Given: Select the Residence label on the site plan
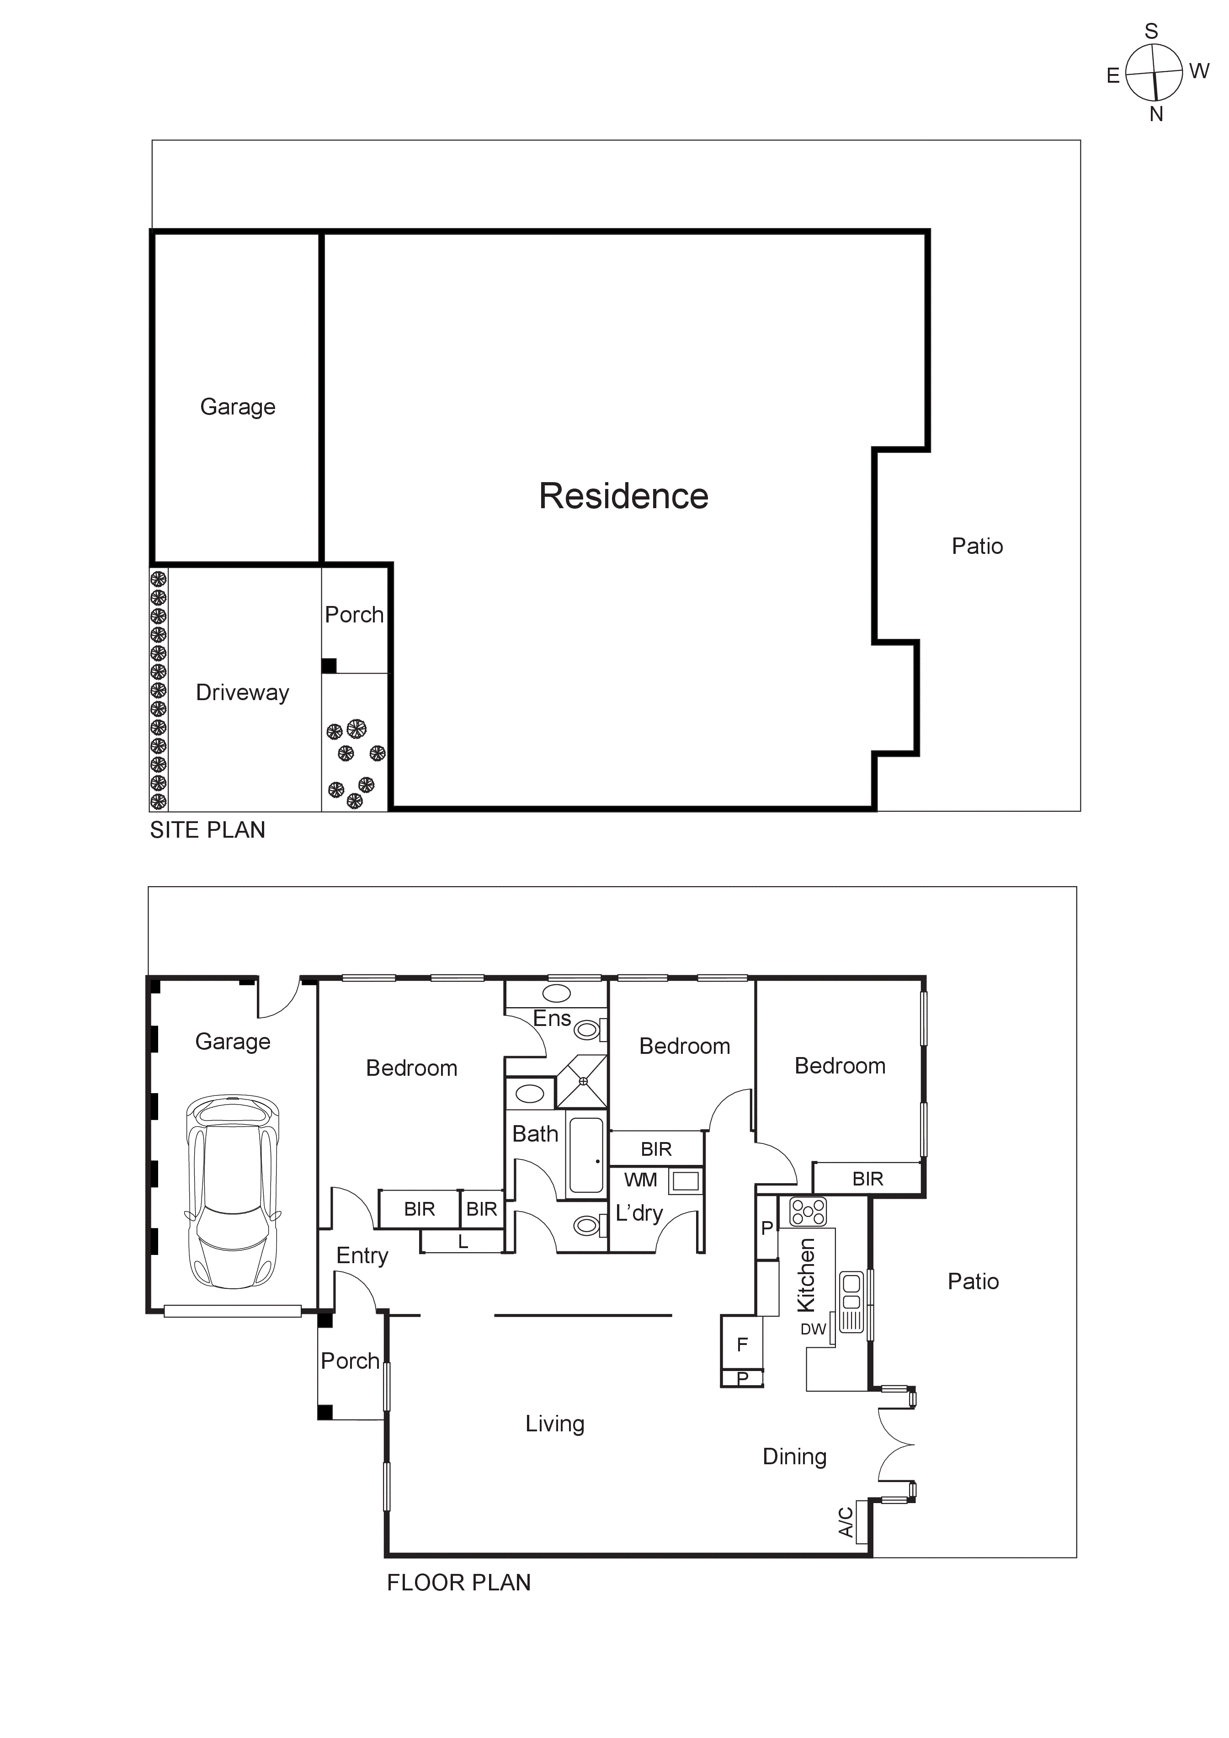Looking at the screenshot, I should [x=623, y=497].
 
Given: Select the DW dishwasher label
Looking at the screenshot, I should [x=813, y=1329].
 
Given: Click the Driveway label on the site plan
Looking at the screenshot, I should [x=242, y=693].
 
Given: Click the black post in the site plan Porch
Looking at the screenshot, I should [x=329, y=666].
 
